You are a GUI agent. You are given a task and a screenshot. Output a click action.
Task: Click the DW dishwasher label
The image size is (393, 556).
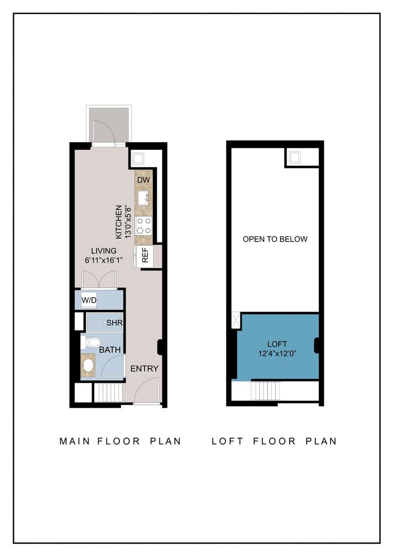point(144,180)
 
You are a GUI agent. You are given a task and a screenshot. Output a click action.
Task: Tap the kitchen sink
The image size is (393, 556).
point(144,197)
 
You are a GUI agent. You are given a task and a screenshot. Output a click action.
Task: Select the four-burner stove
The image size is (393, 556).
point(144,225)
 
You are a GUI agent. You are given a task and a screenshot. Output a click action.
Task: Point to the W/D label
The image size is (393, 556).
point(90,300)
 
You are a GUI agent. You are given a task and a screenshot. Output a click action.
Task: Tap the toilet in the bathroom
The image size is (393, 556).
point(91,342)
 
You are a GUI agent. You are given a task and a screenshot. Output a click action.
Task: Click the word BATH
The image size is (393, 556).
point(110,350)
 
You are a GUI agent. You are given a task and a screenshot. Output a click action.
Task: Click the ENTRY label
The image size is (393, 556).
point(144,369)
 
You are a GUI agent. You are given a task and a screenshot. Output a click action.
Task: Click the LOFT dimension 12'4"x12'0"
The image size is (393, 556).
point(277,354)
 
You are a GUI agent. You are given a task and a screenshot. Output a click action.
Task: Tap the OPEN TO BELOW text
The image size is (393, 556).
point(275,239)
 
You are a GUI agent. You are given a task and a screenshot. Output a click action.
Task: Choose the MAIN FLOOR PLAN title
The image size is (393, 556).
point(120,441)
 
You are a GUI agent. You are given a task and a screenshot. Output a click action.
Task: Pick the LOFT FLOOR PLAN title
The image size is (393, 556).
point(274,441)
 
